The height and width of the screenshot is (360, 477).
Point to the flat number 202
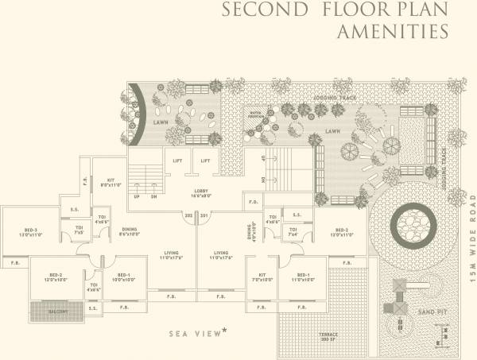click(x=188, y=215)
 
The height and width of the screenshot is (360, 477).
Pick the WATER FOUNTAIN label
click(x=255, y=116)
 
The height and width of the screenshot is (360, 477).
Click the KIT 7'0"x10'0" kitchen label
click(x=262, y=278)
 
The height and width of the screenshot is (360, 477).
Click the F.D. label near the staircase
click(x=253, y=203)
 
